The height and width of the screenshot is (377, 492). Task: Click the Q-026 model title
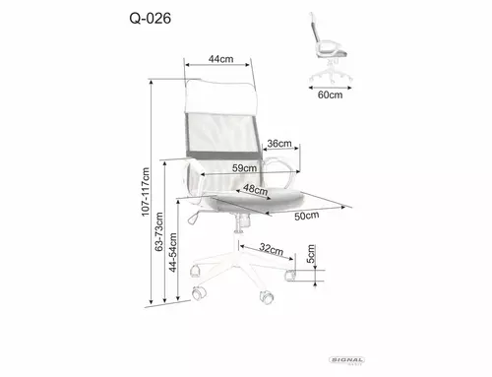(151, 19)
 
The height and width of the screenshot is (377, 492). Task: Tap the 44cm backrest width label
(220, 59)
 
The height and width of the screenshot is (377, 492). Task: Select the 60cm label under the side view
(330, 94)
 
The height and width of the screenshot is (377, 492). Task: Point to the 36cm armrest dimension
(279, 144)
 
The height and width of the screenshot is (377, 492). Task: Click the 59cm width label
(244, 168)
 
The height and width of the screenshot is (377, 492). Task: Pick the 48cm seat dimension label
(256, 189)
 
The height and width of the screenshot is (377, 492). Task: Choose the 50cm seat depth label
(307, 216)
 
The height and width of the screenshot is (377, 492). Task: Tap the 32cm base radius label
(272, 249)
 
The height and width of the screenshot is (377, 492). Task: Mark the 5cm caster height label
(311, 254)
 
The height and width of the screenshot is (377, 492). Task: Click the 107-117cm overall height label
(146, 192)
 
